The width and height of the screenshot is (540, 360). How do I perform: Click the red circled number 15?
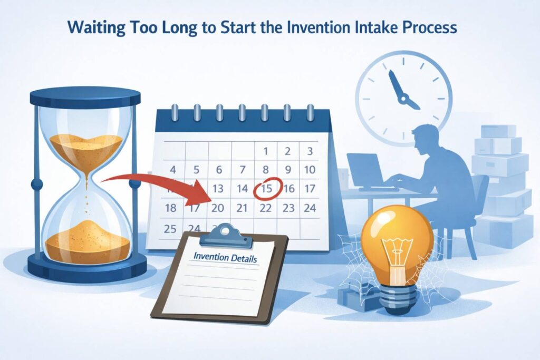(x=267, y=188)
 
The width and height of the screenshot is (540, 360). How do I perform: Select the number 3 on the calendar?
(x=310, y=151)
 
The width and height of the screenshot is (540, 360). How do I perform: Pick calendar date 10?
(x=310, y=169)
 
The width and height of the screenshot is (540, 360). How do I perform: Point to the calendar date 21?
(x=242, y=208)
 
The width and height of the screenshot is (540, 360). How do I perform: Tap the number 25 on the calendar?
(x=170, y=229)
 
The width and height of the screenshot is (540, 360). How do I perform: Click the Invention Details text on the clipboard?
(x=225, y=257)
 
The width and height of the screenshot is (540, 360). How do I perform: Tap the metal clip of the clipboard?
(x=226, y=236)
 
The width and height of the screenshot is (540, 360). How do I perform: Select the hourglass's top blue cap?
(x=85, y=96)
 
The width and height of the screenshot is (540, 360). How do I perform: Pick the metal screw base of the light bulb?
(x=398, y=299)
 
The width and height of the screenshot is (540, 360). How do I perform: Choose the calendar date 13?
(x=218, y=188)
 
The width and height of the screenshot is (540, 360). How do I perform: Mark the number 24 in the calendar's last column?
(x=310, y=208)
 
